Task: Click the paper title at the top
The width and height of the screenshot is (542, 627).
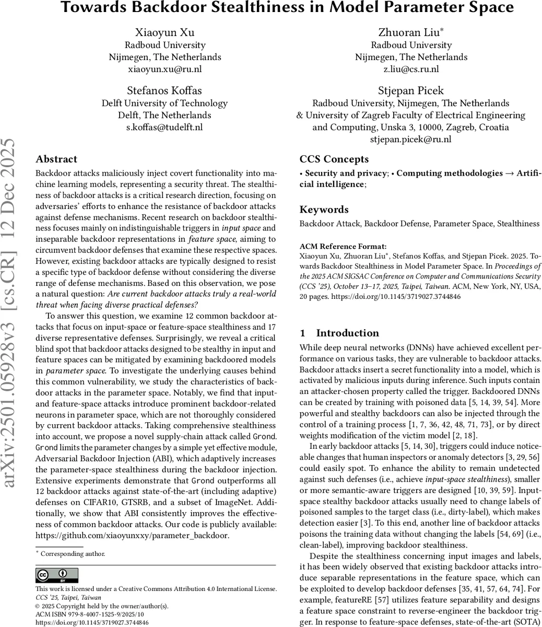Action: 287,8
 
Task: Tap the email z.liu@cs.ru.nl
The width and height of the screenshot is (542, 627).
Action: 411,69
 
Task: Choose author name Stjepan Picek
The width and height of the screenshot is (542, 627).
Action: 411,90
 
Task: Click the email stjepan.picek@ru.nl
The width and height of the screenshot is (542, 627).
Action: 411,139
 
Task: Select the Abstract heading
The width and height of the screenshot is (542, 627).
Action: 56,159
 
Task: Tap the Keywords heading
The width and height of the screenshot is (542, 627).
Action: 324,210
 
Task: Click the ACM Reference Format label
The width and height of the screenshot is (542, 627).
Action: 336,246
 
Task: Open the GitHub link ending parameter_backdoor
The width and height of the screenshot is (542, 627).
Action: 132,535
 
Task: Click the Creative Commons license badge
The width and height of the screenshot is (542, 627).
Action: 56,575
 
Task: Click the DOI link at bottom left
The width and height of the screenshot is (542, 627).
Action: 92,623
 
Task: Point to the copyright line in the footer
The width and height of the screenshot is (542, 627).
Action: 102,606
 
